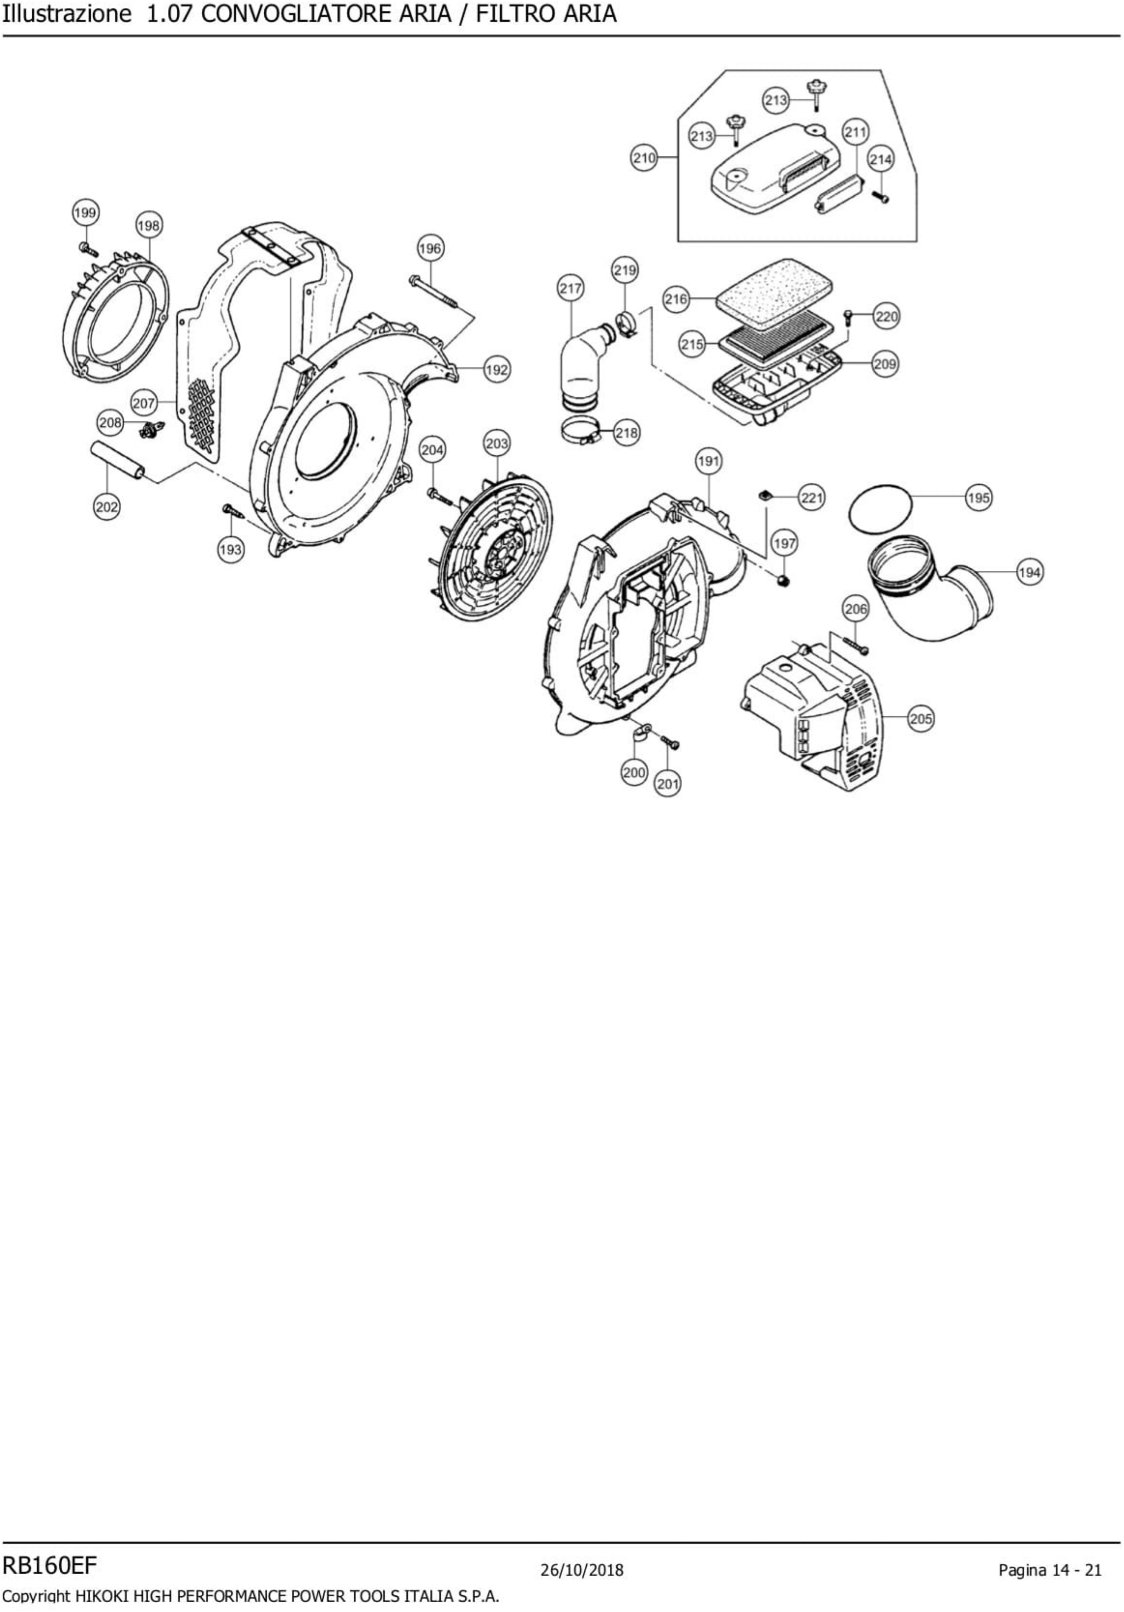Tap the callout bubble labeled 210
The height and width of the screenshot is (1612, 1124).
pyautogui.click(x=644, y=158)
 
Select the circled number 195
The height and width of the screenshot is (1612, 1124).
pyautogui.click(x=978, y=498)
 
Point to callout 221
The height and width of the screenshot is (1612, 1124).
pyautogui.click(x=811, y=498)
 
